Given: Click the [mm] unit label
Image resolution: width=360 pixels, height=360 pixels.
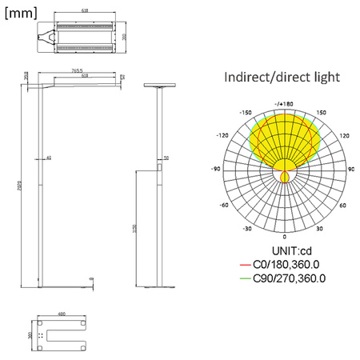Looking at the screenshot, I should coord(22,13).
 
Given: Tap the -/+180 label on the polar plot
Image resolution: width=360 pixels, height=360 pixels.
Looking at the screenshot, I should coord(284,103).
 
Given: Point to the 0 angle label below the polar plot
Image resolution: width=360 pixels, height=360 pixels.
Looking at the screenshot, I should coord(285,238).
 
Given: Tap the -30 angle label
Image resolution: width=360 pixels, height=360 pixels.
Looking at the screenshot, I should coord(249,228).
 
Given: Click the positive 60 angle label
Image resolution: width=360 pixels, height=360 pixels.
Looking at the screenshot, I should coord(342,205).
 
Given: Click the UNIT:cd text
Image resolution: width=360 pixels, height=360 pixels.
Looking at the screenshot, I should coord(285,250).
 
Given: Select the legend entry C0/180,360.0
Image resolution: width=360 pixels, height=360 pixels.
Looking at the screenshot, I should coord(288,264).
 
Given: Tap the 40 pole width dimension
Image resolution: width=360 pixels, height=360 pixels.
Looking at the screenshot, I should coord(49,158).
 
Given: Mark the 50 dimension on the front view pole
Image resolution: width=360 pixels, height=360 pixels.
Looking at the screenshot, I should coord(166,158).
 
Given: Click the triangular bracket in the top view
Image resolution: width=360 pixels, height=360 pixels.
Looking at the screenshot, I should coord(50,36).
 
